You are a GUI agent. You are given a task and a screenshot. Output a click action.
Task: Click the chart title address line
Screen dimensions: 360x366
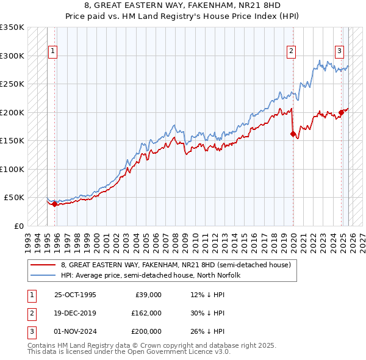[183, 5]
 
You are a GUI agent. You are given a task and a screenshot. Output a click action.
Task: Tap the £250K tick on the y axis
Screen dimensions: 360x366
[12, 84]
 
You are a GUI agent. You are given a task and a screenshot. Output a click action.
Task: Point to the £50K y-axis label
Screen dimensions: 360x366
[13, 198]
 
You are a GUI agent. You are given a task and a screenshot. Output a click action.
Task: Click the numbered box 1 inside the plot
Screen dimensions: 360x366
[53, 51]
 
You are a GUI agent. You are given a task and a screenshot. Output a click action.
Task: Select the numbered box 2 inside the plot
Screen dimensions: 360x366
[292, 51]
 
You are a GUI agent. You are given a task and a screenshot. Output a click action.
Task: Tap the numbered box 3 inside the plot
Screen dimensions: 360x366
[339, 51]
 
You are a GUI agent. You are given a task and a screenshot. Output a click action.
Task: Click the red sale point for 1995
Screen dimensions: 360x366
[55, 204]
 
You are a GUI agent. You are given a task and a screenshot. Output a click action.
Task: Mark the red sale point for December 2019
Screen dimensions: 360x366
[293, 134]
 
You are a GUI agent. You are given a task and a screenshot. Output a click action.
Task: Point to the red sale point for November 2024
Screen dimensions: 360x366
[342, 112]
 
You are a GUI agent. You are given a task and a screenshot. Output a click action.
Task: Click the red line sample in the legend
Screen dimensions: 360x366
[44, 265]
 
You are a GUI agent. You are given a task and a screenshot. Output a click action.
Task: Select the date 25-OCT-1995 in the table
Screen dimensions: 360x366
[75, 295]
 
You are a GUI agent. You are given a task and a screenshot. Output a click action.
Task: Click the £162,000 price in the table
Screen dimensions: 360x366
[146, 313]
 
